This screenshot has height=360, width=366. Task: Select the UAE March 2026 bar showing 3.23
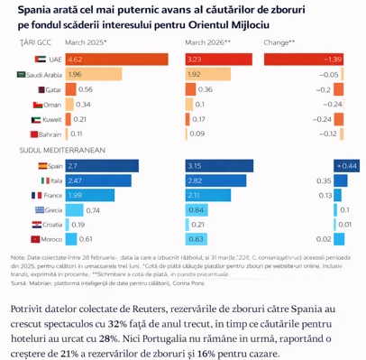[x=219, y=58]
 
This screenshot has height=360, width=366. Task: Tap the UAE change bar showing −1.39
[x=310, y=58]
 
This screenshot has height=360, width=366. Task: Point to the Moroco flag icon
[x=38, y=238]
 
